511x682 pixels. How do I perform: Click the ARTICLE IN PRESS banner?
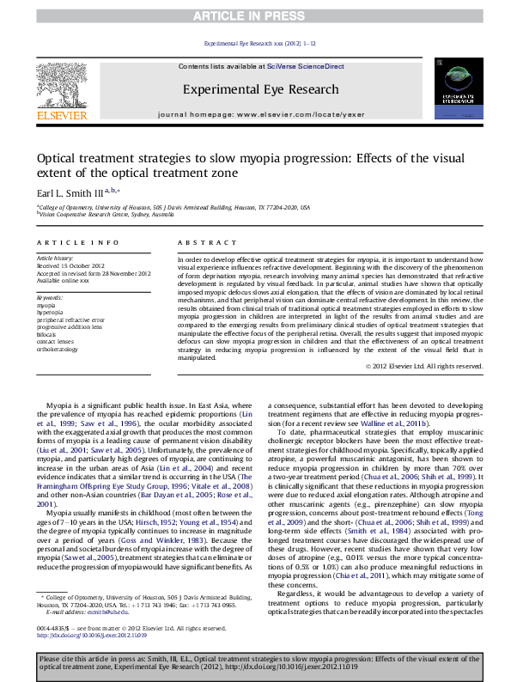pos(255,16)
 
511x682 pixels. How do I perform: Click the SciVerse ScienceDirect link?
pos(305,66)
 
